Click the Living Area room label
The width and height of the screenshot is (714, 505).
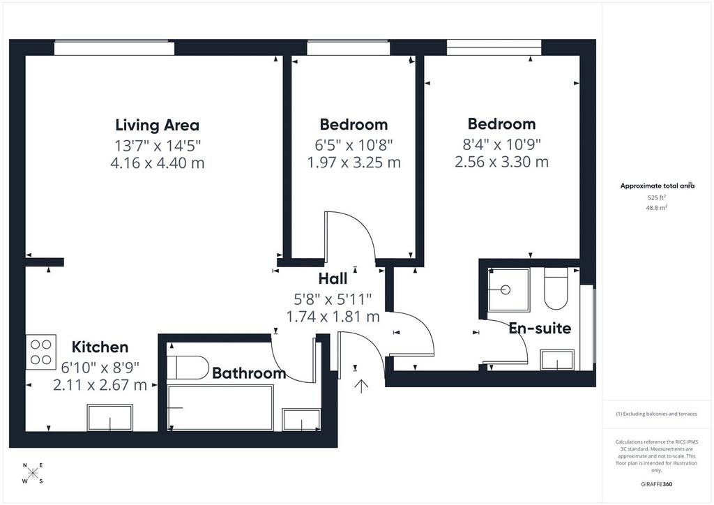click(157, 126)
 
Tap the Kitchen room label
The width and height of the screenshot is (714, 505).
click(100, 347)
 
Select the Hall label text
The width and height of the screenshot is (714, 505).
click(333, 278)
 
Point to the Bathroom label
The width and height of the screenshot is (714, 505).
click(249, 373)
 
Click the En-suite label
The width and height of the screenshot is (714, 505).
click(540, 328)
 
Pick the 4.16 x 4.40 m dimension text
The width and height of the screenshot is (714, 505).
click(158, 163)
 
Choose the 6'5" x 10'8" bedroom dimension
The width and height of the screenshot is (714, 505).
click(354, 145)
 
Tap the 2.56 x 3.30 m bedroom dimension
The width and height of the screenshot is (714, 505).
click(502, 162)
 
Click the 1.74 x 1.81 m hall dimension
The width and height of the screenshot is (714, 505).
click(333, 316)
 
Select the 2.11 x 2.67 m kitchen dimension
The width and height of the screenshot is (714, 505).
click(100, 385)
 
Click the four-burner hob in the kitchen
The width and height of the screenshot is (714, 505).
click(41, 352)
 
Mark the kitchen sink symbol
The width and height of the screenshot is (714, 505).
click(109, 417)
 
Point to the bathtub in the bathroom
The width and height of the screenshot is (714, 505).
click(220, 407)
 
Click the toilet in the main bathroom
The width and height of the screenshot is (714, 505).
click(188, 367)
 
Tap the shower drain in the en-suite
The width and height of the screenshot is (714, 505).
click(506, 289)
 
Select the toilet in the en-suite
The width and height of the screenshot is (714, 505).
click(556, 289)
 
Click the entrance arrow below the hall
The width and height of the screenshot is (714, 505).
click(362, 386)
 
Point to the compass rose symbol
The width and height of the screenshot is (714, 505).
click(33, 473)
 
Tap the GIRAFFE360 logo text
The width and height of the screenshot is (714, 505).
click(656, 484)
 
